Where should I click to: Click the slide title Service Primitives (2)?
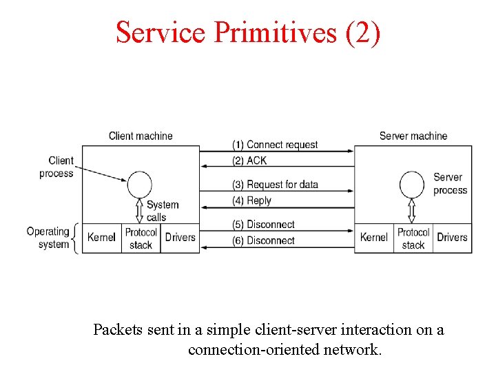coord(248,32)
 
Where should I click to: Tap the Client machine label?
coord(141,136)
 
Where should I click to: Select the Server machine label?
coord(413,136)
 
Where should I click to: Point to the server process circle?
coord(413,184)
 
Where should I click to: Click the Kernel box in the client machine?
coord(101,238)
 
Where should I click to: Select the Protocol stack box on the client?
coord(141,238)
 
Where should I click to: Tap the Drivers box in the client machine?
coord(180,238)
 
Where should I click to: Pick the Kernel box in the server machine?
coord(374,238)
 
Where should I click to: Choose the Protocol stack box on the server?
coord(413,238)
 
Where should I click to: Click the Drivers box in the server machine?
coord(453,238)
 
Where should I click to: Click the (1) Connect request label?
coord(275,145)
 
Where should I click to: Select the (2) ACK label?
coord(249,161)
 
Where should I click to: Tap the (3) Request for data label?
coord(275,185)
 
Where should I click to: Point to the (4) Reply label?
coord(251,200)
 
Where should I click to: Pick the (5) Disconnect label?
coord(263,225)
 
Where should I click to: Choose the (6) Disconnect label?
coord(263,240)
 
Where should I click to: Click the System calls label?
coord(162,211)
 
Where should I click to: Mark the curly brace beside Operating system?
coord(76,238)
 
